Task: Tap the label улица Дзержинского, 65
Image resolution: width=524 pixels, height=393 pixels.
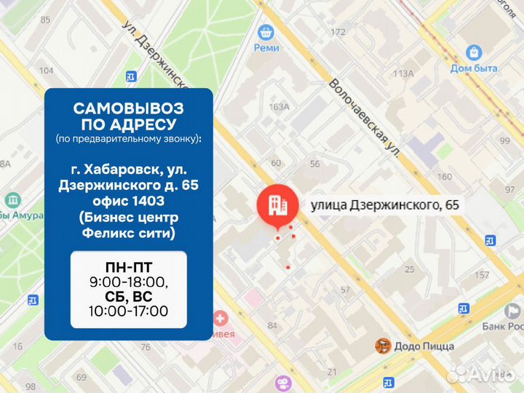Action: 385,205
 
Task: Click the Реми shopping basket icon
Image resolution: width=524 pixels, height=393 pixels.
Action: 266,32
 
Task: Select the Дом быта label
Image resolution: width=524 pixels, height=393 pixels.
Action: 474,68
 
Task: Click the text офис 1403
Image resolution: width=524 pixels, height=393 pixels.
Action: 128,201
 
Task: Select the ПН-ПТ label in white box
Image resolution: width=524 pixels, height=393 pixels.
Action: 128,267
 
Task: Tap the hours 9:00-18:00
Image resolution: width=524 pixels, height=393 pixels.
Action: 128,282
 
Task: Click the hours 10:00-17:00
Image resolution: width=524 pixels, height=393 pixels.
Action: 128,311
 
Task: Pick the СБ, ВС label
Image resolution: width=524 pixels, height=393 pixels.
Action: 128,297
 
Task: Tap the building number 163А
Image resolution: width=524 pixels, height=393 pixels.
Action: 279,106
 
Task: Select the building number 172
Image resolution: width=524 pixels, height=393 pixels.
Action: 338,32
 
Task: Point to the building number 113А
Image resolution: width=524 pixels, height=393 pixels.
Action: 402,74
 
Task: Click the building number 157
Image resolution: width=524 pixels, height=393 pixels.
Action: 481,275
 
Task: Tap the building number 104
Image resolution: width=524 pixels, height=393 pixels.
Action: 47,71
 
